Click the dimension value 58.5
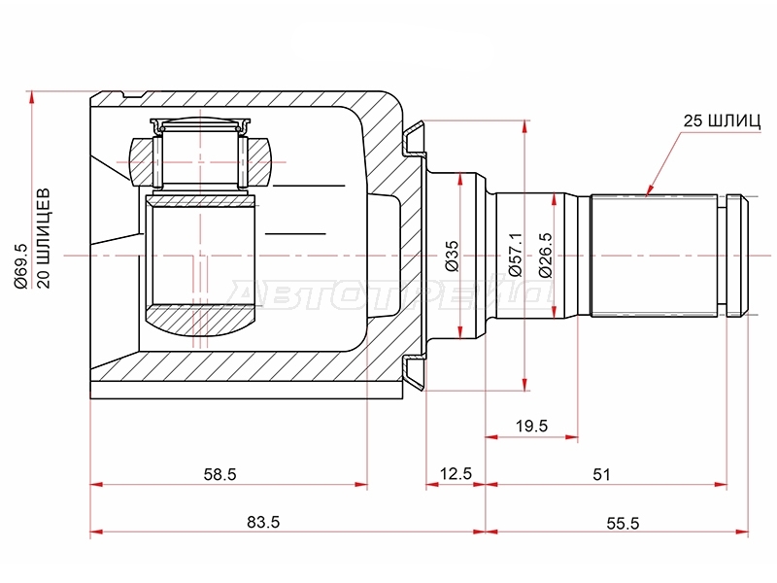click(220, 474)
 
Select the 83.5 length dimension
click(263, 522)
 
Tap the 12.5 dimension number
click(456, 473)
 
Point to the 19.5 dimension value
click(531, 426)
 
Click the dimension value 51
click(601, 474)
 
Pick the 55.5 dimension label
click(623, 523)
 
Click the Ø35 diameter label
click(452, 256)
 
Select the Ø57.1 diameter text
click(516, 255)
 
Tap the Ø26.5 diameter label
click(544, 255)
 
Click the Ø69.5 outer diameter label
click(21, 266)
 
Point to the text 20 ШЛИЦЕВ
click(44, 238)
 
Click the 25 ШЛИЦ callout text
click(722, 120)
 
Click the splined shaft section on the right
click(654, 256)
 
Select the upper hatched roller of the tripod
click(201, 162)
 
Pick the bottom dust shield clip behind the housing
click(415, 373)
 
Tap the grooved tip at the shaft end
click(737, 256)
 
